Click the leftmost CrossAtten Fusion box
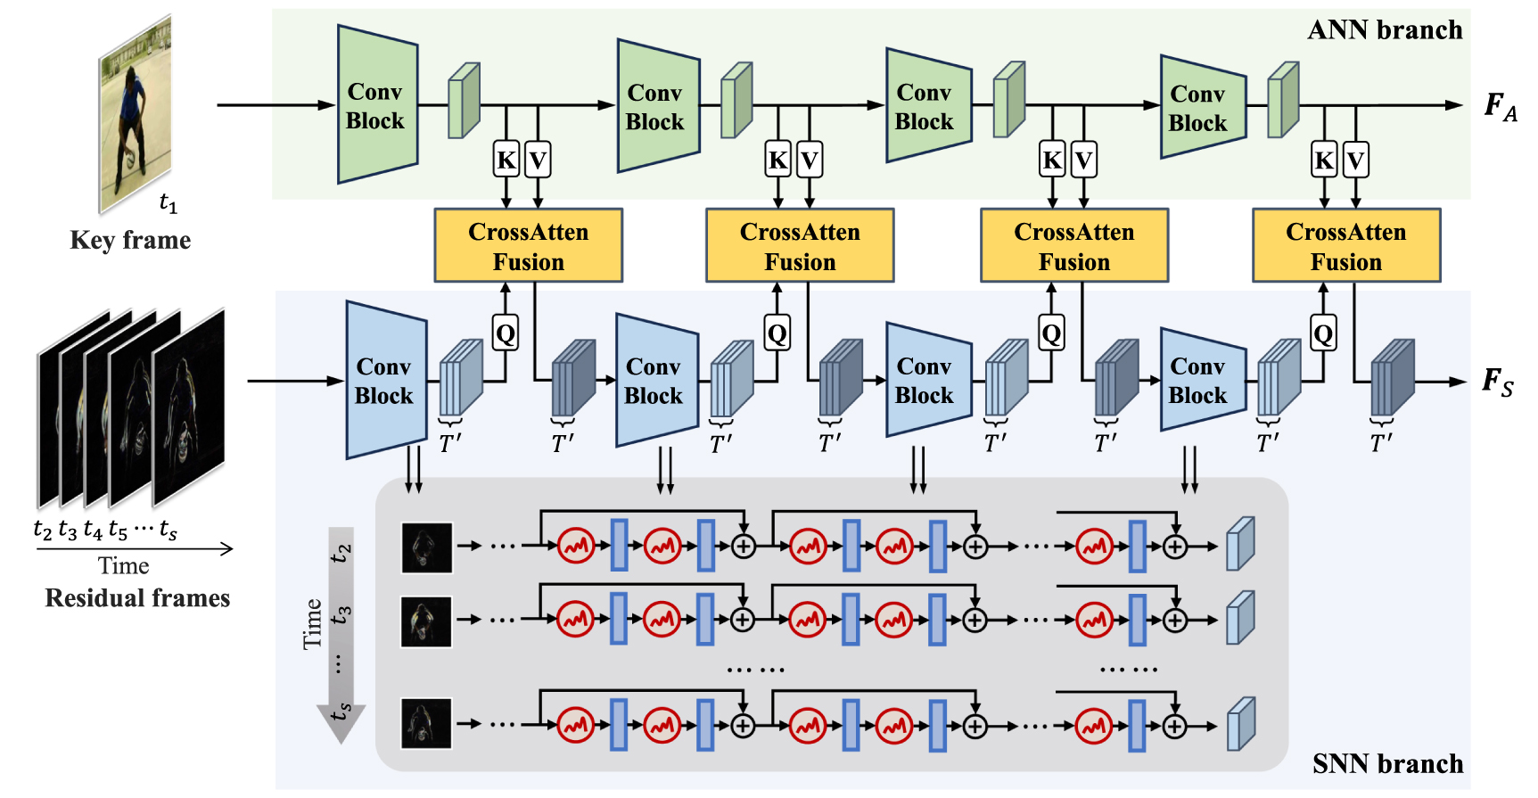[x=528, y=246]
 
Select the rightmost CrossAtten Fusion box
[x=1345, y=246]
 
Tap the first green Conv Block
[x=376, y=105]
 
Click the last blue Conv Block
[x=1200, y=381]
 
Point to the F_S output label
[x=1497, y=383]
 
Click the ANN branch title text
[x=1384, y=30]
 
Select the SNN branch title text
[x=1387, y=764]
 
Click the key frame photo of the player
[x=135, y=116]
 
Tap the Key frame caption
[x=130, y=241]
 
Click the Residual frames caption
[x=137, y=598]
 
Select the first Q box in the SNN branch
[x=506, y=334]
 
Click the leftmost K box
[x=506, y=160]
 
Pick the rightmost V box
[x=1355, y=160]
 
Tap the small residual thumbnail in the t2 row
[x=426, y=547]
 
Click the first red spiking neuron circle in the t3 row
[x=576, y=619]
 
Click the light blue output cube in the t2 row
[x=1240, y=545]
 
